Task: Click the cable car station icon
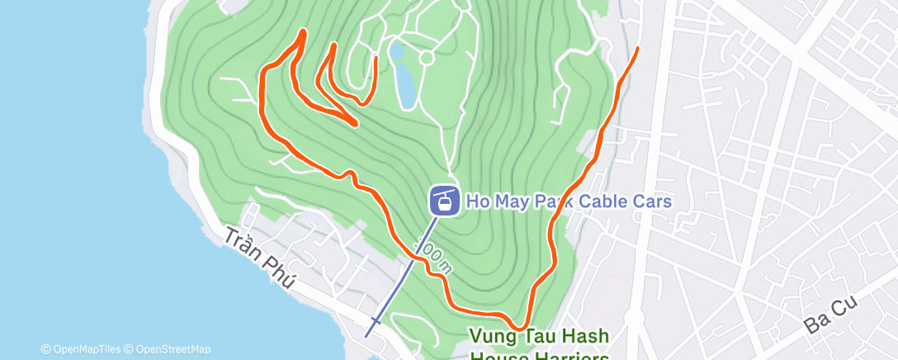point(444,200)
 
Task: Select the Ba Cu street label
point(831,316)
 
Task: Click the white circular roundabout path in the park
point(427,58)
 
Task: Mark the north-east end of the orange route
point(637,50)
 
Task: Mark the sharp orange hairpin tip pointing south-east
point(355,124)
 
